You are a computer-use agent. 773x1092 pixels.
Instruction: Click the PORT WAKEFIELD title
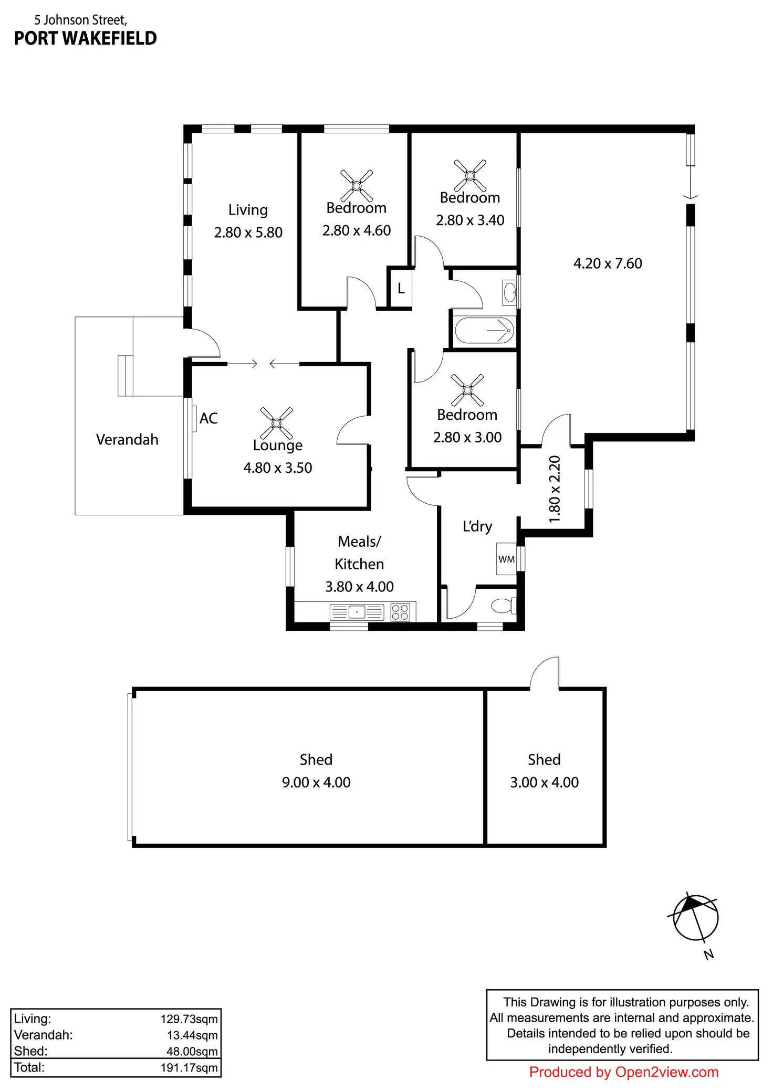tap(86, 38)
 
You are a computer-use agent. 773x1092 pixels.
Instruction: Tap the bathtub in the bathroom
tap(484, 331)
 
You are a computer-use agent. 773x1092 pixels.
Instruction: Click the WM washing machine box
tap(507, 559)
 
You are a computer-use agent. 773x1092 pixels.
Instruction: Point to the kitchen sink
tap(357, 612)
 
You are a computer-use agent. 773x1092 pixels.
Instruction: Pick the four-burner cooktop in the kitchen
tap(400, 612)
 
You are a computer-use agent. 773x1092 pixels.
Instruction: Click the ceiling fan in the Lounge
tap(277, 423)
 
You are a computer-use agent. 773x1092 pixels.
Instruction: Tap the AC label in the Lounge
tap(208, 418)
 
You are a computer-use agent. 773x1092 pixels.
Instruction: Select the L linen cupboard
tap(401, 288)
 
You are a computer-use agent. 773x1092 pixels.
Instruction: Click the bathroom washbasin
tap(509, 292)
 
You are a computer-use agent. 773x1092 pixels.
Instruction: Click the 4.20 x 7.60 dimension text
tap(608, 263)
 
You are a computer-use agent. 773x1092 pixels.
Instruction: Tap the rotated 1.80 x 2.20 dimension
tap(555, 489)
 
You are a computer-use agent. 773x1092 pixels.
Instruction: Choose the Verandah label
tap(127, 440)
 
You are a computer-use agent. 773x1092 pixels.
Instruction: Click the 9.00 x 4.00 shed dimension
tap(316, 782)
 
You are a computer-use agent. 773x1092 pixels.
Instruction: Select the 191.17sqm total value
tap(189, 1068)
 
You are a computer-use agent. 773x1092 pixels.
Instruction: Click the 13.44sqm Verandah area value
tap(192, 1035)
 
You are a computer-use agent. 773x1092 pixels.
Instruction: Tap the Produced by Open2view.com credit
tap(624, 1072)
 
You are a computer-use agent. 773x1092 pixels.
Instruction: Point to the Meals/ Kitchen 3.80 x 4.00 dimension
tap(359, 587)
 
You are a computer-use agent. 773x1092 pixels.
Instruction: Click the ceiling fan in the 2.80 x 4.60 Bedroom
tap(357, 185)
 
